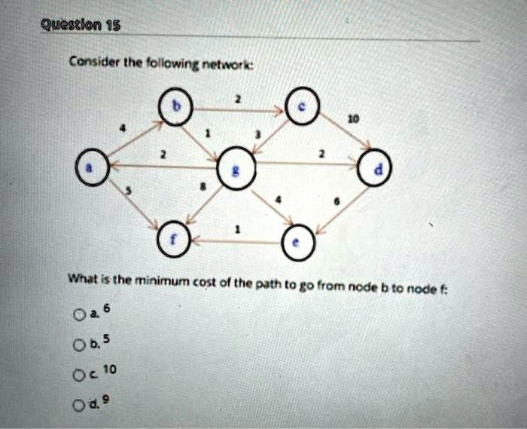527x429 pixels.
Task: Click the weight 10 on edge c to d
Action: click(x=354, y=119)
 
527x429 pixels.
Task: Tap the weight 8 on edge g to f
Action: click(x=203, y=185)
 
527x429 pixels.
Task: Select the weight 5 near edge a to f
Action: click(x=128, y=191)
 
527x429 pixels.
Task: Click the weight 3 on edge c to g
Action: click(x=257, y=135)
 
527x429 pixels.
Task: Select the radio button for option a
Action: click(x=79, y=315)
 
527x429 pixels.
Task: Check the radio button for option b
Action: click(x=79, y=345)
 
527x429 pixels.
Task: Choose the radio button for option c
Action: click(x=78, y=375)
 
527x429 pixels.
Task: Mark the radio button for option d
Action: click(x=78, y=406)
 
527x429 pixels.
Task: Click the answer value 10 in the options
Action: click(x=110, y=369)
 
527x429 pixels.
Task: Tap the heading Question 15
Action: click(x=81, y=25)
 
